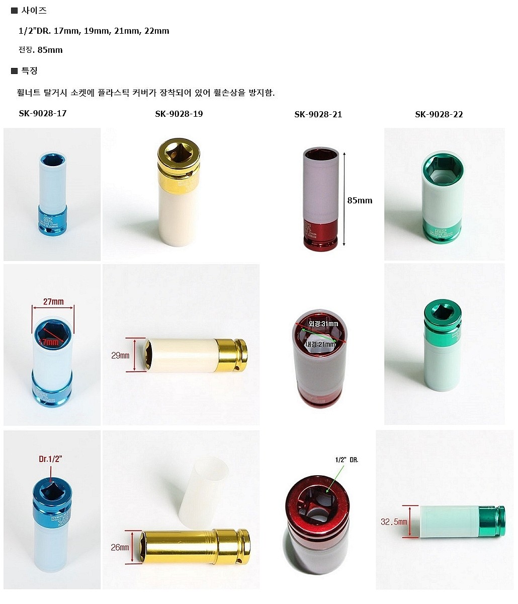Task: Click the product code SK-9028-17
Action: click(x=43, y=113)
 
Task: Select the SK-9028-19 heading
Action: click(x=179, y=114)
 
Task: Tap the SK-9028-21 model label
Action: click(x=318, y=114)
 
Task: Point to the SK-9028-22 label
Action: click(x=439, y=114)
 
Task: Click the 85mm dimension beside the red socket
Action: click(x=360, y=200)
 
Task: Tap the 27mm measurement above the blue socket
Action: click(x=53, y=302)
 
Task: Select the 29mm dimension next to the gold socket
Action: click(x=120, y=355)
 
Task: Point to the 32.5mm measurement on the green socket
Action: click(x=394, y=522)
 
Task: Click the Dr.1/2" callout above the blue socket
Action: click(x=50, y=459)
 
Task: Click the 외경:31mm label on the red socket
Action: click(x=323, y=324)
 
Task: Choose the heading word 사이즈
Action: click(x=34, y=10)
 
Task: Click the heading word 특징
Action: click(x=29, y=71)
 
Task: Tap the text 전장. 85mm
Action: click(x=40, y=50)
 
